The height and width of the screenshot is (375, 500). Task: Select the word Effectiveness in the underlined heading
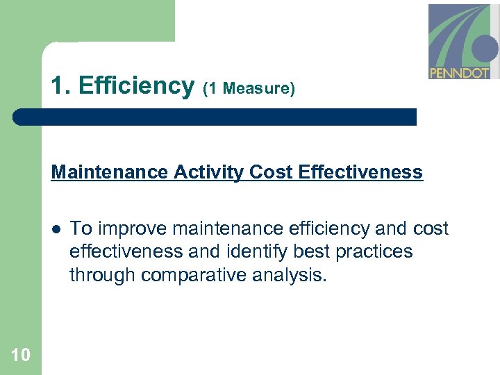coord(360,172)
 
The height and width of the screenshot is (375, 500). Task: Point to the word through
coord(102,275)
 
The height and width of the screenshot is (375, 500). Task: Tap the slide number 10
coord(21,356)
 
